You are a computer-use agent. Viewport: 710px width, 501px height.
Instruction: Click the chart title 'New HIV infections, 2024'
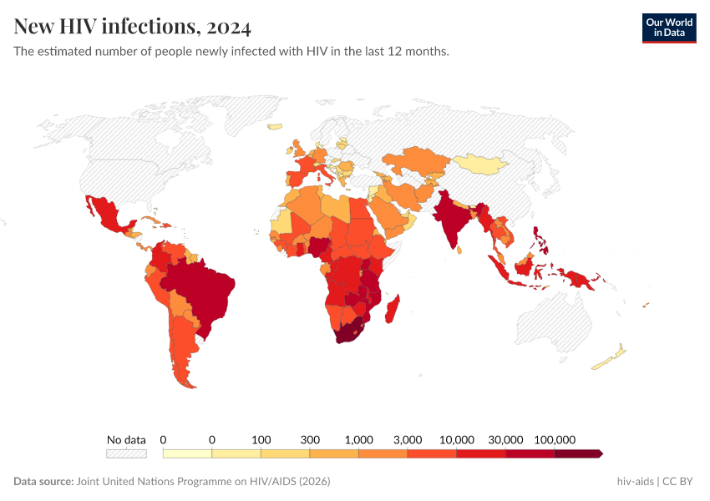pos(132,28)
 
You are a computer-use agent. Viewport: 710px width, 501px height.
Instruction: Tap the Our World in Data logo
pos(668,28)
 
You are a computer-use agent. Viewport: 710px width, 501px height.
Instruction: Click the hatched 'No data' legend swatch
pos(126,453)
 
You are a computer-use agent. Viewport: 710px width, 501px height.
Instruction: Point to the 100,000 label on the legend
pos(555,439)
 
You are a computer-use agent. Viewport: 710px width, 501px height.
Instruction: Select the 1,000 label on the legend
pos(358,439)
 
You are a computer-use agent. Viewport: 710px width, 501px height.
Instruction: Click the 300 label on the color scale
pos(310,439)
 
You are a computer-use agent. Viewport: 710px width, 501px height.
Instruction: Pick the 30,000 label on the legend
pos(505,439)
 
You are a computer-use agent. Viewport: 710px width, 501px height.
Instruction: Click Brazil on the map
pos(204,288)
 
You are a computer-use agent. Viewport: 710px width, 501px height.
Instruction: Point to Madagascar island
pos(395,309)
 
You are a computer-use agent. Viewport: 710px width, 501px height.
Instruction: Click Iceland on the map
pos(276,128)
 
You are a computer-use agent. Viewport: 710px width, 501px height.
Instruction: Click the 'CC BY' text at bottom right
pos(678,482)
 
